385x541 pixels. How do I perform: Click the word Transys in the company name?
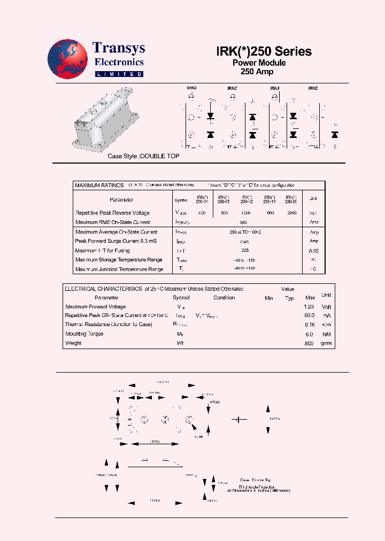click(x=118, y=48)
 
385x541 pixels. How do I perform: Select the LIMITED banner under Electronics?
click(x=119, y=74)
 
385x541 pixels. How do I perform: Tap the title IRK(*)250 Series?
click(x=264, y=51)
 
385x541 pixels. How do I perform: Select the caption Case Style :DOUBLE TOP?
click(x=143, y=156)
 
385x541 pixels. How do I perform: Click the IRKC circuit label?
click(x=232, y=88)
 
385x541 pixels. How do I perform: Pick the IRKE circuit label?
click(x=313, y=88)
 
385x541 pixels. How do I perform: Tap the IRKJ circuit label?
click(x=274, y=88)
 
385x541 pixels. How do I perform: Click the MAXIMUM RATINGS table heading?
click(x=99, y=185)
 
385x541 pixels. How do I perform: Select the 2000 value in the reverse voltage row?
click(x=291, y=213)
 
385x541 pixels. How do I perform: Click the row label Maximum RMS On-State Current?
click(x=113, y=222)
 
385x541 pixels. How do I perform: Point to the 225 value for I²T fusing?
click(x=245, y=250)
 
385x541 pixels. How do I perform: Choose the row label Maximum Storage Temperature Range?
click(x=119, y=260)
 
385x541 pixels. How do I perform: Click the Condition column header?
click(x=224, y=298)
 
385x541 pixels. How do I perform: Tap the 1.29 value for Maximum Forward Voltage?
click(x=309, y=307)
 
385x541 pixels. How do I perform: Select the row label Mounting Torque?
click(x=84, y=334)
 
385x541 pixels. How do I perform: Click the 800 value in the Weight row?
click(x=309, y=343)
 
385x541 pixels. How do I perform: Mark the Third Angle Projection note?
click(x=257, y=487)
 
